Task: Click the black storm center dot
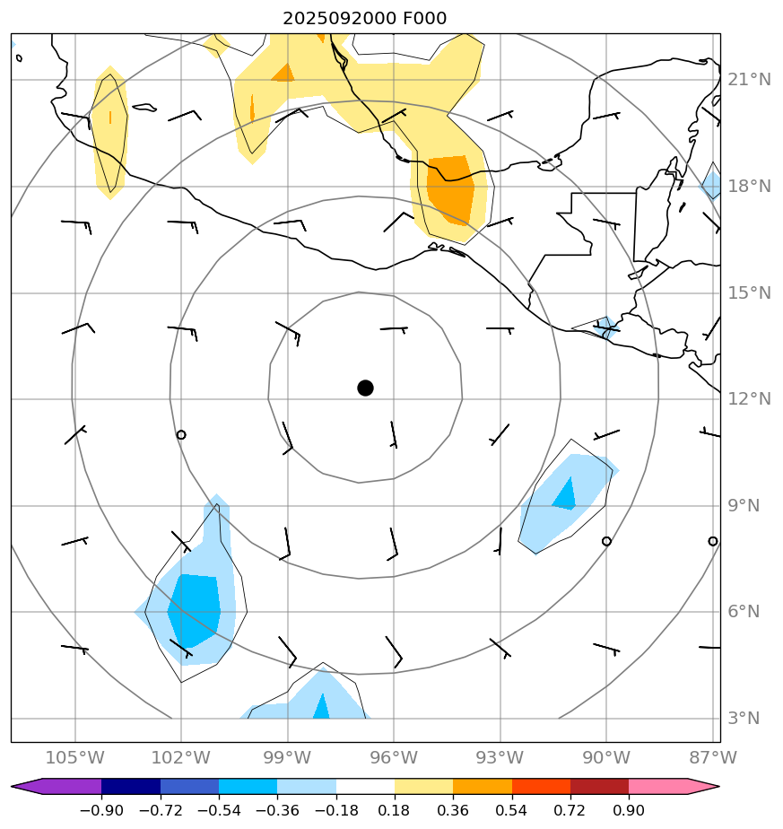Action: [x=365, y=388]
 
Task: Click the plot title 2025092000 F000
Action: [x=364, y=18]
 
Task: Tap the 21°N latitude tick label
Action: [x=749, y=80]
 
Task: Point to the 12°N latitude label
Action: [x=749, y=399]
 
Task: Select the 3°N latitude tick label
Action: [x=744, y=719]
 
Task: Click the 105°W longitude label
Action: [x=74, y=757]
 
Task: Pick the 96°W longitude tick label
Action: [x=393, y=757]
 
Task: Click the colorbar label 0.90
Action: [x=629, y=811]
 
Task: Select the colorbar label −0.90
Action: [x=100, y=811]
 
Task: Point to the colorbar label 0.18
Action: [x=395, y=811]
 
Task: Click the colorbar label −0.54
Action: [x=218, y=811]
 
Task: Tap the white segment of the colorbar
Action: [x=365, y=787]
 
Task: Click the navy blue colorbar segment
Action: [x=131, y=787]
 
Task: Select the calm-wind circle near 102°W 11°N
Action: [x=181, y=435]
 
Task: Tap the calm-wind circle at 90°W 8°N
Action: [x=606, y=541]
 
